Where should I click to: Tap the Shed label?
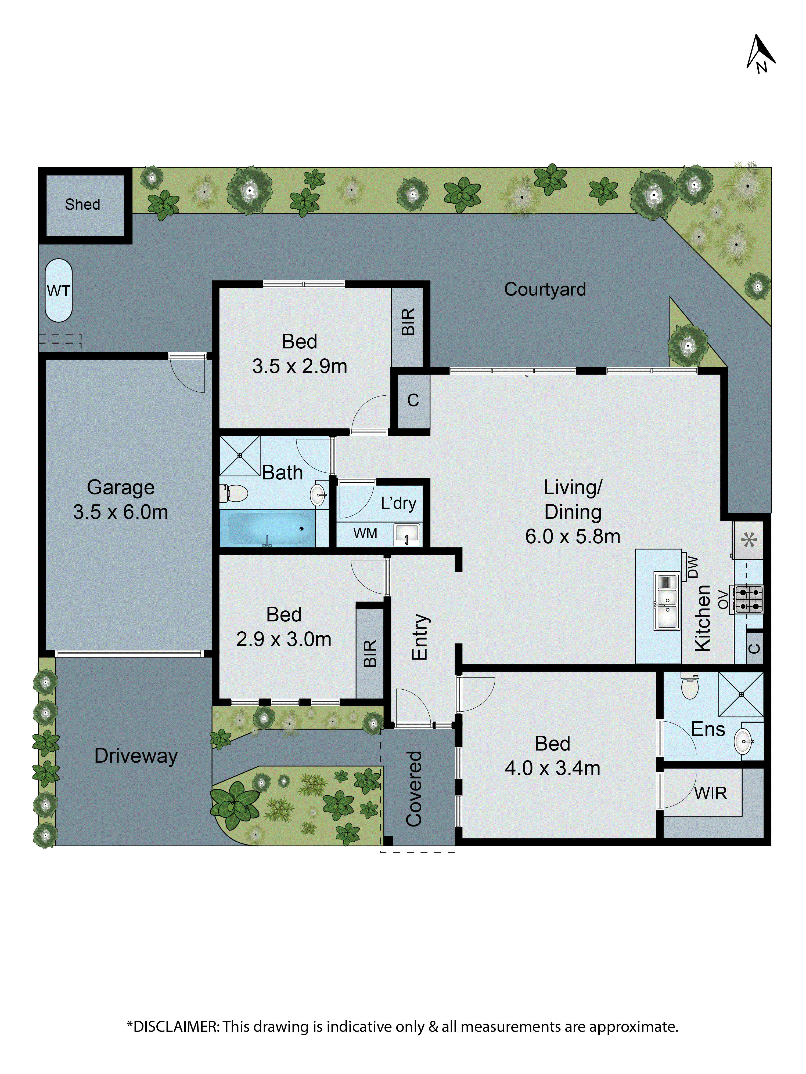[x=82, y=204]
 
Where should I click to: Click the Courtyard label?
[x=545, y=289]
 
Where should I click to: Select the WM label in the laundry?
[x=365, y=533]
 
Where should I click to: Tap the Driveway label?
[x=136, y=756]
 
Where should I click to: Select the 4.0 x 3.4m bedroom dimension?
[x=552, y=768]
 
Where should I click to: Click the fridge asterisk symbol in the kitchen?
[x=749, y=540]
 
